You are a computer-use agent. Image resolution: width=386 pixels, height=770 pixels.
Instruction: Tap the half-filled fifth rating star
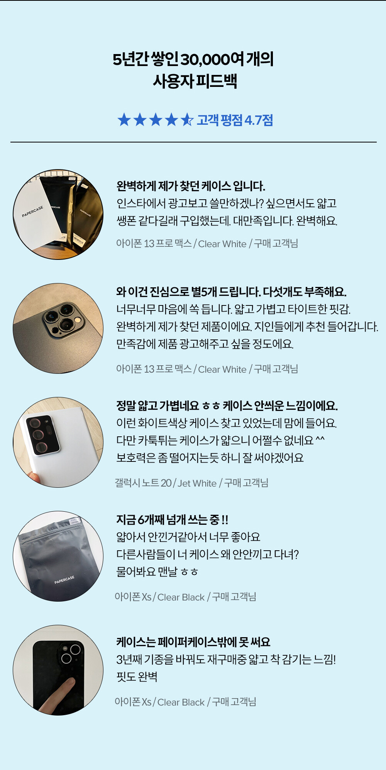click(187, 120)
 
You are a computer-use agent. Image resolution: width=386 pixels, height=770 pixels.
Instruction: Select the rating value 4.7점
click(259, 120)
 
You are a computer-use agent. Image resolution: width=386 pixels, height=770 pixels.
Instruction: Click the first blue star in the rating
click(124, 120)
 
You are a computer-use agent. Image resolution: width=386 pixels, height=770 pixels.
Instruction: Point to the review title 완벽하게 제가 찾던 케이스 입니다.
click(191, 186)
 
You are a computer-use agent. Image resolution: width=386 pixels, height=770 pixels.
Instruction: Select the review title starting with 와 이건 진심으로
click(231, 292)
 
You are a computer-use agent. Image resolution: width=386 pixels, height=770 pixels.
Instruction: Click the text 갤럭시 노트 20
click(143, 483)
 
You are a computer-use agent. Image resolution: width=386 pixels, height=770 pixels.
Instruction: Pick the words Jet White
click(197, 483)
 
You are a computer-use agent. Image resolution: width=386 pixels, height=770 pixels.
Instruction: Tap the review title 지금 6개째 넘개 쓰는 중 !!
click(172, 520)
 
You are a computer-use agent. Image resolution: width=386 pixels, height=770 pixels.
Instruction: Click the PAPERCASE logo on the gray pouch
click(64, 580)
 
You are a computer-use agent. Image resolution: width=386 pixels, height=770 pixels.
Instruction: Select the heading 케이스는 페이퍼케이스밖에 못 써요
click(193, 642)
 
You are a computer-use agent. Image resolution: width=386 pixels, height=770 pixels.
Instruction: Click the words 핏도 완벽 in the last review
click(137, 677)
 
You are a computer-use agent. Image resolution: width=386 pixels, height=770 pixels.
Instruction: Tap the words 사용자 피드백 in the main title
click(195, 81)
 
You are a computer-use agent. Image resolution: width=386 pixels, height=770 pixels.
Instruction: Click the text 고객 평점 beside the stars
click(220, 120)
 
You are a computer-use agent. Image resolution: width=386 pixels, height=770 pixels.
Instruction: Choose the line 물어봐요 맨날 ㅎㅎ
click(157, 572)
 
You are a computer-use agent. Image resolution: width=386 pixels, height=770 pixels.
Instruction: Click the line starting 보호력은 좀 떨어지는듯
click(210, 458)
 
